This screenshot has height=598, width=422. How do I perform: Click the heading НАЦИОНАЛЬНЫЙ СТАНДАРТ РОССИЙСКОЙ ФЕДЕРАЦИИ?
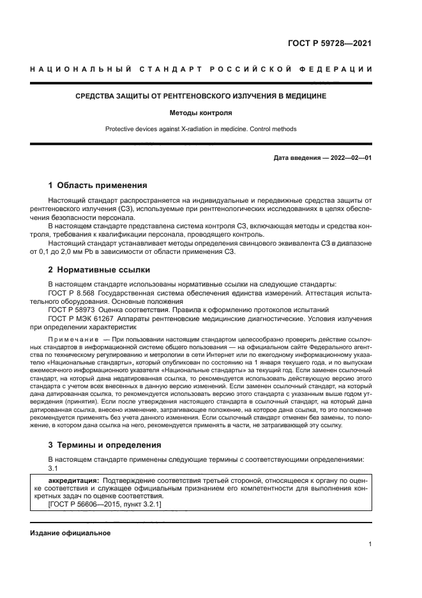coord(201,69)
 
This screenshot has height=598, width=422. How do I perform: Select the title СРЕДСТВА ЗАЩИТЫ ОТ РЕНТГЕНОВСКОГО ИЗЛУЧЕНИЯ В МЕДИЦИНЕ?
coord(201,96)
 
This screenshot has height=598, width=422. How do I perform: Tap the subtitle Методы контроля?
coord(201,113)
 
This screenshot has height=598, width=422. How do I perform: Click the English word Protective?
coord(120,129)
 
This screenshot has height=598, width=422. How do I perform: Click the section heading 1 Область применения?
coord(98,185)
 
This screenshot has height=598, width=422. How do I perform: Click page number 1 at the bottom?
coord(370,544)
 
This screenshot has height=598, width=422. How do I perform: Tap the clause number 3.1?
coord(54,468)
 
